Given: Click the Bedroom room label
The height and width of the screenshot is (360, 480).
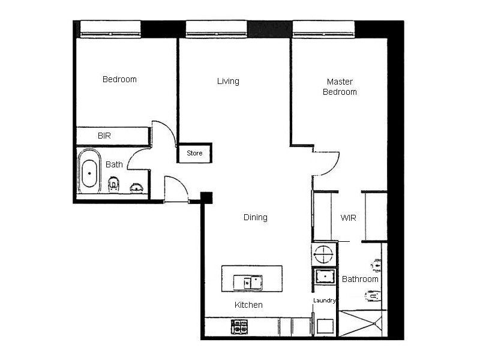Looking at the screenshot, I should click(119, 79).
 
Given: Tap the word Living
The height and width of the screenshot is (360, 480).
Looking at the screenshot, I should click(228, 81).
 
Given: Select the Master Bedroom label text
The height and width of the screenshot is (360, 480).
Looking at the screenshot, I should click(340, 86).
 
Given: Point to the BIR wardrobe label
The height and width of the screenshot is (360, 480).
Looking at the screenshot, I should click(104, 136).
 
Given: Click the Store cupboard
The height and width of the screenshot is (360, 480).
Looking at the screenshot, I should click(194, 153).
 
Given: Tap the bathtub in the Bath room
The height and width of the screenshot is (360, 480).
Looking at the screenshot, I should click(89, 172).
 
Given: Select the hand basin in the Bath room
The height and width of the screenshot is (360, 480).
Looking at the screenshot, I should click(138, 188).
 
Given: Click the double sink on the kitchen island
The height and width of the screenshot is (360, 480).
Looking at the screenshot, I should click(248, 281).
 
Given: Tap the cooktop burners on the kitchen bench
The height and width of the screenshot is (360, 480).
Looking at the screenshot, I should click(239, 326).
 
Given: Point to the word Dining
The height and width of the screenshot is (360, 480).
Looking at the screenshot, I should click(255, 217).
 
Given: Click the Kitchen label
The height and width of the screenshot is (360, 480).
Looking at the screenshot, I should click(248, 305).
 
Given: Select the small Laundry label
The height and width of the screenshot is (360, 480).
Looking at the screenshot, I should click(324, 300).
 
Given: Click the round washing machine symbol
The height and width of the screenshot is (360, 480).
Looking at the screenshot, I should click(324, 254).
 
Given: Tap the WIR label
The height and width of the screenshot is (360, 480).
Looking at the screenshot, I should click(349, 218).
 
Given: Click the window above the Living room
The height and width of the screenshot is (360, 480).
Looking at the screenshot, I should click(216, 28).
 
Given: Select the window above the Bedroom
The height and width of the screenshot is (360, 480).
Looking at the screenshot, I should click(110, 28).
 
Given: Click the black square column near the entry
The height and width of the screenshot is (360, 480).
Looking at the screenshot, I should click(206, 197).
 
